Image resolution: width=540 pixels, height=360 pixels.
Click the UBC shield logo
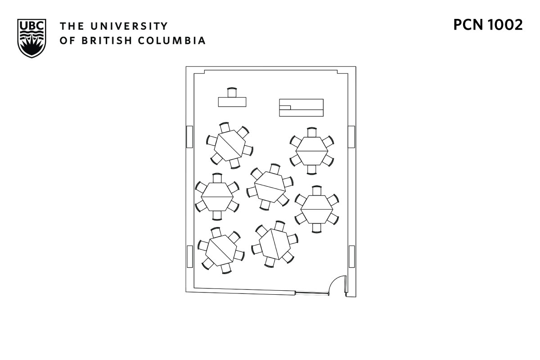coord(31,38)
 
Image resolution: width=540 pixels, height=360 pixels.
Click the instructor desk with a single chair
coord(232,102)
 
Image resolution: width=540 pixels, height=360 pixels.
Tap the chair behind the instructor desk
coord(232,92)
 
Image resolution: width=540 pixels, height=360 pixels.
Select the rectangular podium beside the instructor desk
coord(301,107)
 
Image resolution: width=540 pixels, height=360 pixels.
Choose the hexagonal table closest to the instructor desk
coord(229,145)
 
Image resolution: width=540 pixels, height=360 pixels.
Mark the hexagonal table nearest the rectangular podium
coord(311,151)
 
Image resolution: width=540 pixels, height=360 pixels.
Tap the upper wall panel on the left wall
coord(190,137)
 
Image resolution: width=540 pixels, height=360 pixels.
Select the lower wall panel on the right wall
coord(351,256)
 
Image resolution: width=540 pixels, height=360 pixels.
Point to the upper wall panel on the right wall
coord(351,137)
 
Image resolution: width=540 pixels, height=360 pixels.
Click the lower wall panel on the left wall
coord(190,256)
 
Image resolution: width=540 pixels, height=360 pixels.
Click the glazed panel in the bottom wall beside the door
coord(311,293)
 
